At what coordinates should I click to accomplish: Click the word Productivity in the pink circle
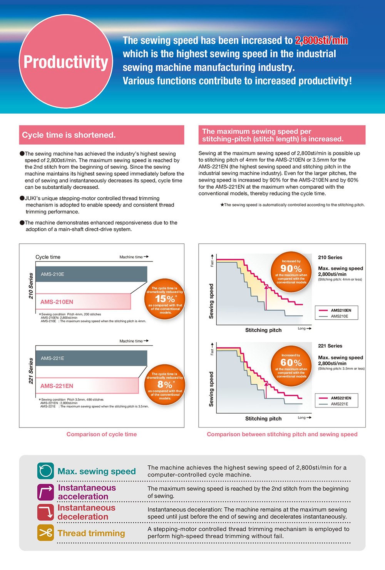66,62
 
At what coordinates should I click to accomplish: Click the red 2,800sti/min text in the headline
321,40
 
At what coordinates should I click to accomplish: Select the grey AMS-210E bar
91,274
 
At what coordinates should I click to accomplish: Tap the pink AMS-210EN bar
83,302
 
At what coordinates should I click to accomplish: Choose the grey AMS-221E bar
91,358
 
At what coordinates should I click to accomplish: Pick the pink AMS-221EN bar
87,386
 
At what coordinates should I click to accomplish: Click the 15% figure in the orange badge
165,298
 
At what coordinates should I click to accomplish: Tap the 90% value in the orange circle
291,268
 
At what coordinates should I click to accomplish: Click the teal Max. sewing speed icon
45,471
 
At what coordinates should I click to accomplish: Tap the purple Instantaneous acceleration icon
45,492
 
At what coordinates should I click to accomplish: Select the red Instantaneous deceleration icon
45,512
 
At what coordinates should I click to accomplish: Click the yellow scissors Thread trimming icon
45,533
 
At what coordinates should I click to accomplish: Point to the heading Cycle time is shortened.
69,135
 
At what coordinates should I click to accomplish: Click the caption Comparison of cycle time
102,434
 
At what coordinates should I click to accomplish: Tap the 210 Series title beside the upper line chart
330,257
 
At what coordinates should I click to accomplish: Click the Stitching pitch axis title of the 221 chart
263,419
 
